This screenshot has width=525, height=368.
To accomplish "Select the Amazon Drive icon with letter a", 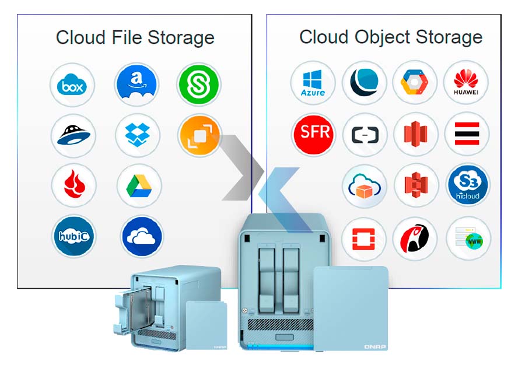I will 136,85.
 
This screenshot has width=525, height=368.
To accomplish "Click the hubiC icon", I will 73,236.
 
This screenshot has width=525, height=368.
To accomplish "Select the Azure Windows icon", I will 313,82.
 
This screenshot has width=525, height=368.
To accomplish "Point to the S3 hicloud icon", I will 468,185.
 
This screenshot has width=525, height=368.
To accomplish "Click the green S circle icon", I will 198,85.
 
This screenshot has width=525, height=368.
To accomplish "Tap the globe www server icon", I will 468,239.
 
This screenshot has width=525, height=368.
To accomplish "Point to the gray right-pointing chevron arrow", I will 239,167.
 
